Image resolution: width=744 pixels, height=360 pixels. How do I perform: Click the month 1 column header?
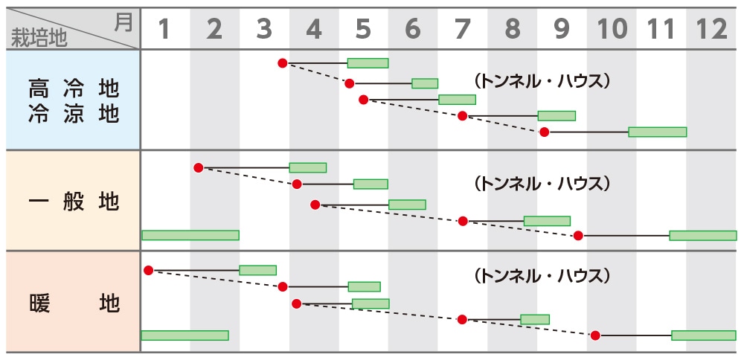pos(164,29)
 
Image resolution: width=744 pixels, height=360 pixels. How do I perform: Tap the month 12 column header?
pos(711,29)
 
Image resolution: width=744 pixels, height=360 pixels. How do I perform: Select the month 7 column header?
pos(463,29)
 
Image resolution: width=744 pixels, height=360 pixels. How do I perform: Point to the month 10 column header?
pos(612,29)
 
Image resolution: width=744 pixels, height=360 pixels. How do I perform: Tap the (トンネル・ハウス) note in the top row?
pos(542,80)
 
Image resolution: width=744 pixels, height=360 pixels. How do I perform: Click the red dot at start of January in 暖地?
pos(148,270)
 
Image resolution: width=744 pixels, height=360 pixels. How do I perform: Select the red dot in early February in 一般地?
pos(198,167)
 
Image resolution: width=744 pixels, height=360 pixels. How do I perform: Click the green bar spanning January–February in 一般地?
pos(190,235)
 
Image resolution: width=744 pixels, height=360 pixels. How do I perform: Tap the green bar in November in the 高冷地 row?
pos(657,132)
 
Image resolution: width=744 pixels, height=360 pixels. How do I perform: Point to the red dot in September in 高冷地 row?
pos(544,132)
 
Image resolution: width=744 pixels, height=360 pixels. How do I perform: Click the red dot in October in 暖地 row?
pos(595,335)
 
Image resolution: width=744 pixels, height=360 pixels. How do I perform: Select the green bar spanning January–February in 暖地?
pos(185,335)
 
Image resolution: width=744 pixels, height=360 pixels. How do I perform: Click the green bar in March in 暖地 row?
pos(257,270)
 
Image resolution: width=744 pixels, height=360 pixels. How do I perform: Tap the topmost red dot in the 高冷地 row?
pos(282,63)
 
